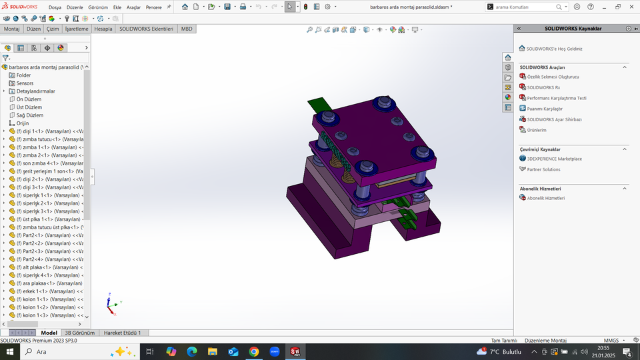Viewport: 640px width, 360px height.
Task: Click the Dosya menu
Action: pyautogui.click(x=55, y=7)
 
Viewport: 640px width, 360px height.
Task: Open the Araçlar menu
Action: pyautogui.click(x=133, y=7)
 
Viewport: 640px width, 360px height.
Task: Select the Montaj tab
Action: pyautogui.click(x=11, y=29)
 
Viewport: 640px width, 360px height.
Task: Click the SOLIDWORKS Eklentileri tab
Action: pyautogui.click(x=146, y=29)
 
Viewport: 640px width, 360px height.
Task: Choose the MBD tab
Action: pyautogui.click(x=187, y=29)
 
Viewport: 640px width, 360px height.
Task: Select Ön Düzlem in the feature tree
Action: pyautogui.click(x=29, y=99)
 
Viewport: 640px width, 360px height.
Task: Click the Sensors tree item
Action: pyautogui.click(x=25, y=83)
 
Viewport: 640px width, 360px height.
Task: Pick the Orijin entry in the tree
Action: pyautogui.click(x=22, y=123)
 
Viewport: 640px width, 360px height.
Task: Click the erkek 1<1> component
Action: pyautogui.click(x=47, y=291)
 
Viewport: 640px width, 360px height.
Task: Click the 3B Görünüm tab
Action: pyautogui.click(x=79, y=332)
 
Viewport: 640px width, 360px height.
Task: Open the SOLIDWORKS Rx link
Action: pyautogui.click(x=543, y=87)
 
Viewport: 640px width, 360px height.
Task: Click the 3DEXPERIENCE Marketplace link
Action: pyautogui.click(x=554, y=159)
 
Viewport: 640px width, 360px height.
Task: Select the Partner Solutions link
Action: pyautogui.click(x=543, y=169)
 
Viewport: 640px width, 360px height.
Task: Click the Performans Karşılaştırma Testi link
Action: pyautogui.click(x=557, y=98)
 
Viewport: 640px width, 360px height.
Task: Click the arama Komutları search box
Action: pyautogui.click(x=527, y=7)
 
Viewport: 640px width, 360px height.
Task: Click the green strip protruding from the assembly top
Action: pyautogui.click(x=319, y=104)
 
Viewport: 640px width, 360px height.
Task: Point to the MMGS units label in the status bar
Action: pyautogui.click(x=611, y=340)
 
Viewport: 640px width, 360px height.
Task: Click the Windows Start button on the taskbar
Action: pyautogui.click(x=10, y=351)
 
